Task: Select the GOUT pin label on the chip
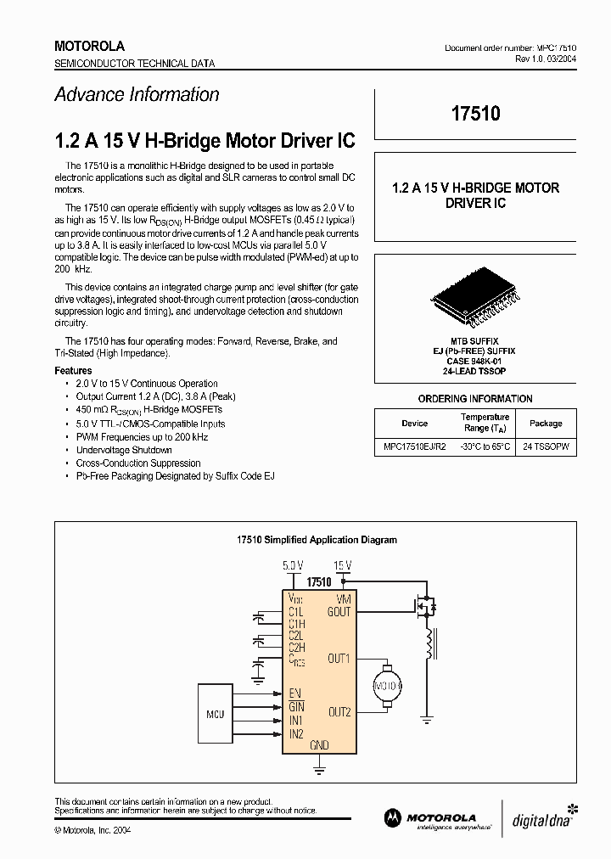(x=339, y=612)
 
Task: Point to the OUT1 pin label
(x=339, y=659)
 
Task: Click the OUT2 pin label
(x=339, y=712)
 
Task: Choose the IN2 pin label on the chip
(x=296, y=733)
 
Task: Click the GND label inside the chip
(x=319, y=745)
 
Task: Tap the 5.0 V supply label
(x=292, y=564)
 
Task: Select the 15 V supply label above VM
(x=342, y=564)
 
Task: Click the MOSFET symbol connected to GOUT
(x=424, y=608)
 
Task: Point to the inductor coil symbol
(x=429, y=643)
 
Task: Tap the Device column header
(x=414, y=423)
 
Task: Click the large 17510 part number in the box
(x=475, y=114)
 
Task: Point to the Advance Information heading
(x=137, y=94)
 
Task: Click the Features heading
(x=73, y=370)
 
